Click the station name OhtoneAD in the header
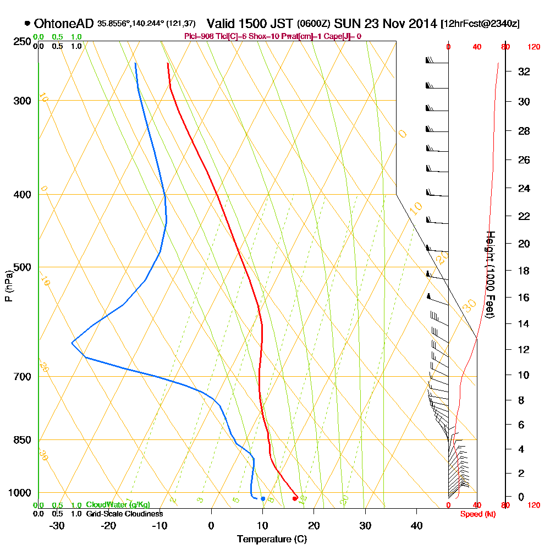[x=64, y=24]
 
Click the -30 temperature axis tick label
[x=57, y=525]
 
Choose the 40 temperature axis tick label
[x=416, y=525]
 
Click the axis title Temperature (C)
[x=271, y=539]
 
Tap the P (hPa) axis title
[x=8, y=285]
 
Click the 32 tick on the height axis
[x=524, y=71]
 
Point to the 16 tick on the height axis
[x=524, y=298]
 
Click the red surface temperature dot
[x=295, y=498]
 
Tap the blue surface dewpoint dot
[x=263, y=499]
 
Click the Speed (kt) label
[x=476, y=514]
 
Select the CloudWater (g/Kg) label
[x=118, y=505]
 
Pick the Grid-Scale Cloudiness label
[x=124, y=514]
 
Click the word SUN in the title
[x=346, y=24]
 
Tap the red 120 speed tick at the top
[x=533, y=47]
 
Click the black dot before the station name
[x=27, y=24]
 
